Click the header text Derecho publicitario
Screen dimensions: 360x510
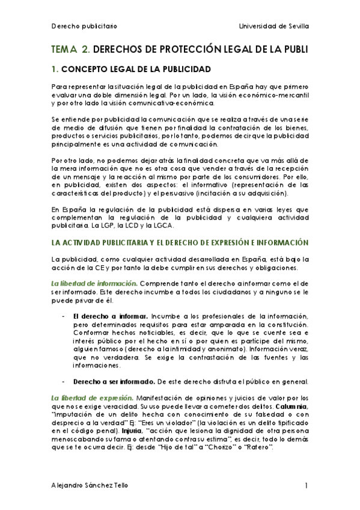[84, 26]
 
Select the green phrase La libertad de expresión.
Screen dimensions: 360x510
[84, 398]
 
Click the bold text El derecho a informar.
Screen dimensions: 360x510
[111, 316]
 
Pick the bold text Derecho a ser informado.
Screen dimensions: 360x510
[112, 381]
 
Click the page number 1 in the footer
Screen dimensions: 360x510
[306, 486]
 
